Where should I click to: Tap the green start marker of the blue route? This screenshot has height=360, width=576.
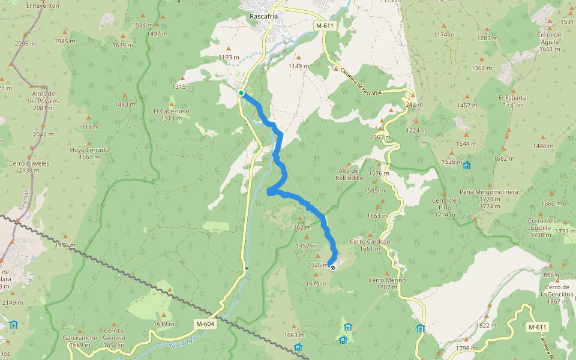(x=241, y=93)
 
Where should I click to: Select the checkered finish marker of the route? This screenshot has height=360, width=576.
(x=333, y=268)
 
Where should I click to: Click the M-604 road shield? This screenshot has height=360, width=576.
(x=205, y=324)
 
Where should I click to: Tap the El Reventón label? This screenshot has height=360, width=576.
(x=43, y=5)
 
